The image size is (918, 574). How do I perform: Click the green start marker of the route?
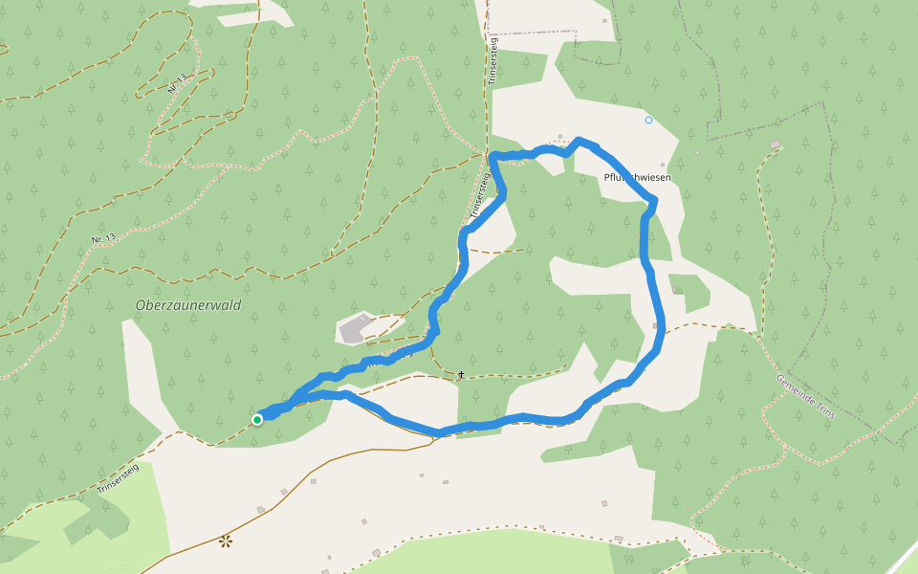[257, 419]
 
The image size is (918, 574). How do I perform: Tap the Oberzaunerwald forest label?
[188, 305]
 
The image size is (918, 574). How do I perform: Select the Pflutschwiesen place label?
[638, 178]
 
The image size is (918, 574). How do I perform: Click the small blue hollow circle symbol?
[648, 120]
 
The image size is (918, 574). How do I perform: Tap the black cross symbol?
[461, 374]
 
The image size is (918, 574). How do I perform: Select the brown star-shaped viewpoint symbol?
[226, 541]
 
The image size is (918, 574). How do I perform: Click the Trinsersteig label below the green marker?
[119, 478]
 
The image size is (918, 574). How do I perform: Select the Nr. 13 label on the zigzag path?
[175, 83]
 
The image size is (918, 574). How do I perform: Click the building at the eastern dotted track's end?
[775, 144]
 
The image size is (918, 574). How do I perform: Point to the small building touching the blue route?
[656, 326]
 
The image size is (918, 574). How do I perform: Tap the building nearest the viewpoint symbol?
[261, 509]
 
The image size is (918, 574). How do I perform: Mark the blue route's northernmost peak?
[579, 142]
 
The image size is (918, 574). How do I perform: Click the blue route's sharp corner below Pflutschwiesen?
[654, 201]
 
